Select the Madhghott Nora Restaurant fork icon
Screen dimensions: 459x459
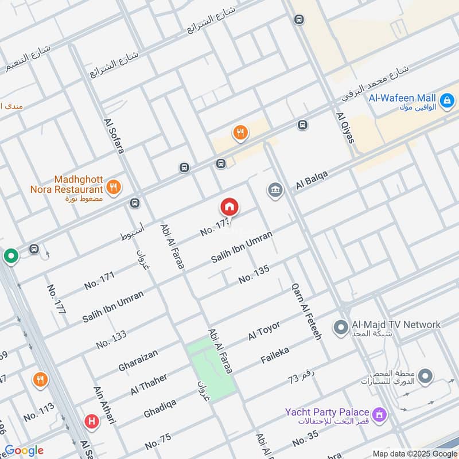click(114, 186)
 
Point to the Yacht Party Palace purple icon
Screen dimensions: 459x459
click(379, 413)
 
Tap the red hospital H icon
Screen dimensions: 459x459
click(90, 422)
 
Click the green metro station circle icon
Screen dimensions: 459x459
click(10, 256)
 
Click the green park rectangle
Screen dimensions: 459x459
click(211, 367)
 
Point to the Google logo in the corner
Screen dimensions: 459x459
click(24, 451)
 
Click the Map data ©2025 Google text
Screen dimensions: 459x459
click(414, 453)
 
